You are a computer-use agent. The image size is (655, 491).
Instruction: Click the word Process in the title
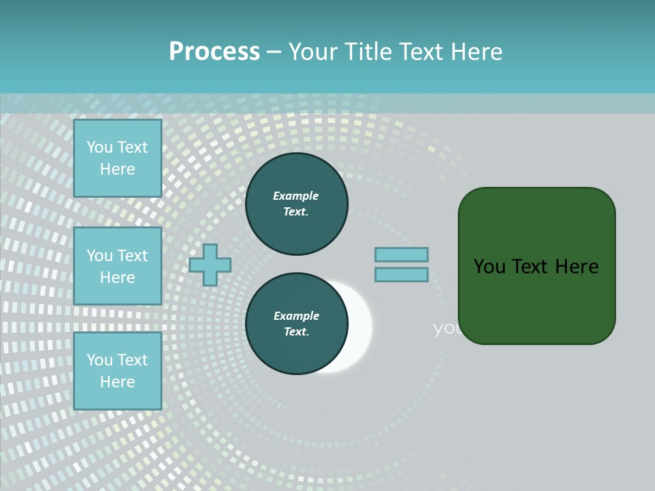[x=214, y=52]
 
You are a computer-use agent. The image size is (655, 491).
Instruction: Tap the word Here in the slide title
[x=475, y=52]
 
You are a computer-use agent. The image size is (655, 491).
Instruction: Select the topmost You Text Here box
[x=117, y=158]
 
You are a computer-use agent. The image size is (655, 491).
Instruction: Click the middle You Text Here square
[x=117, y=266]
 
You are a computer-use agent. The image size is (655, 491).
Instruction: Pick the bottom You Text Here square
[x=117, y=371]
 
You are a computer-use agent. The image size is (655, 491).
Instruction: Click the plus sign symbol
[x=210, y=265]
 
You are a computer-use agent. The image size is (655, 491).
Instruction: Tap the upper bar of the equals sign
[x=401, y=254]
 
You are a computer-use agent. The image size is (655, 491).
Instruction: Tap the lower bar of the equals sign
[x=401, y=274]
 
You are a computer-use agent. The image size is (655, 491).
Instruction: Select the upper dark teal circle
[x=296, y=204]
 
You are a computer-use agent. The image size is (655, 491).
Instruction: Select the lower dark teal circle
[x=296, y=324]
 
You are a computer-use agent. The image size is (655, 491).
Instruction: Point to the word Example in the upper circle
[x=296, y=196]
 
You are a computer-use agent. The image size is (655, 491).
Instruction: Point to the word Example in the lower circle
[x=296, y=316]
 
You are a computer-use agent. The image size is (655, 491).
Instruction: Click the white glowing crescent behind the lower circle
[x=360, y=327]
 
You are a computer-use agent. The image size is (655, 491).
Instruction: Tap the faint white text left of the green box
[x=447, y=329]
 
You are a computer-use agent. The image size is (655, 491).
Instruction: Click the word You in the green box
[x=490, y=267]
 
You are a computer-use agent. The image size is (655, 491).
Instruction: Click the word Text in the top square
[x=132, y=147]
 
